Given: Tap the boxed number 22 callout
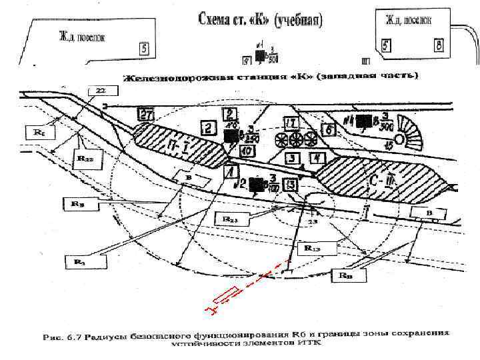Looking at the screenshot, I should click(x=99, y=89).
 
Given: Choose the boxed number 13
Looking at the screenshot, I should click(x=290, y=185).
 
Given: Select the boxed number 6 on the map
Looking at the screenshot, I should click(x=328, y=129).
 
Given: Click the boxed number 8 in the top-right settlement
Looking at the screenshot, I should click(x=439, y=45).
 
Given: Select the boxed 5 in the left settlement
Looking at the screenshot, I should click(x=144, y=49).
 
